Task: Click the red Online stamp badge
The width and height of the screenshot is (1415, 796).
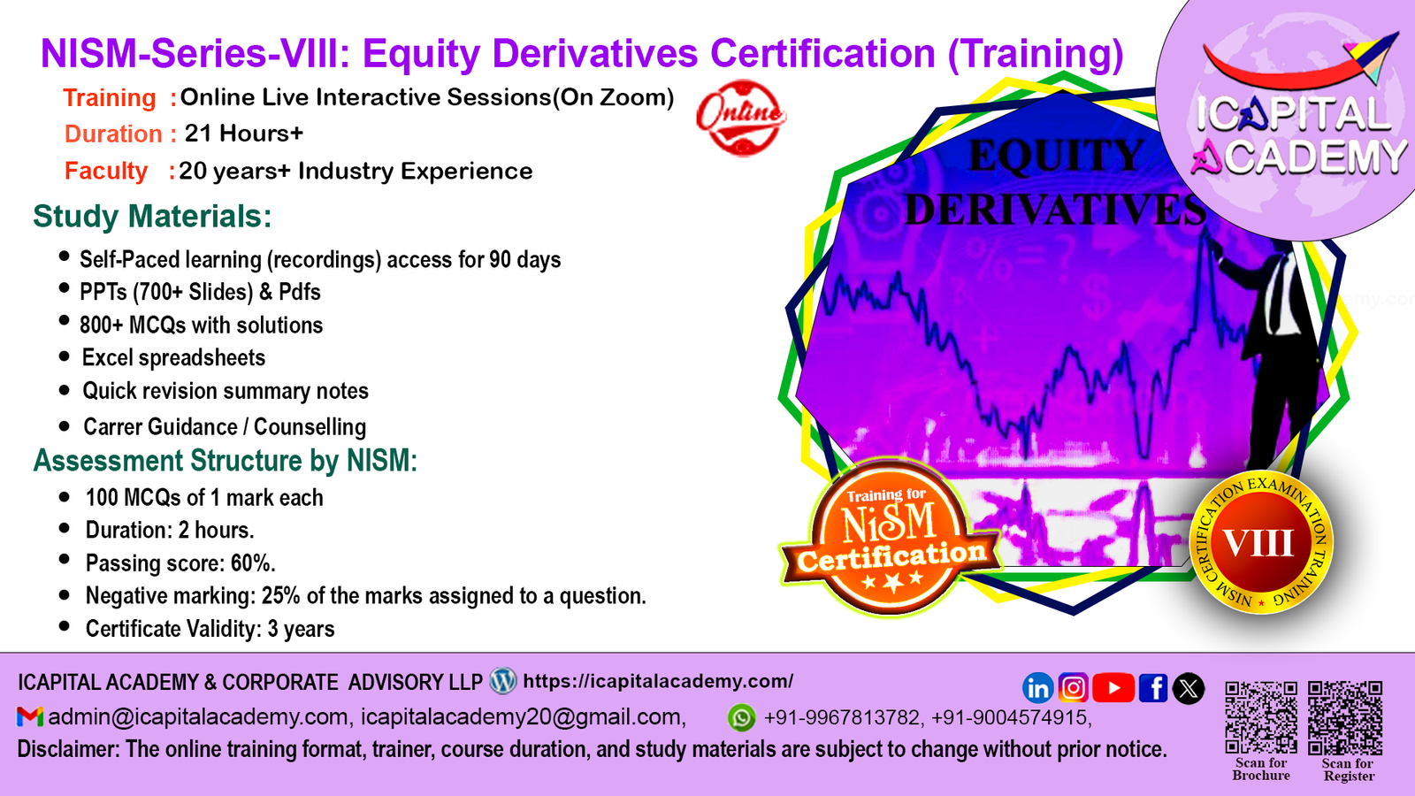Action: [x=741, y=118]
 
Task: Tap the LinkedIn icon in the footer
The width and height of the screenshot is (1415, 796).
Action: [x=1037, y=688]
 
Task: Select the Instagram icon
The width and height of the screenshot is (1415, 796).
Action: [x=1074, y=688]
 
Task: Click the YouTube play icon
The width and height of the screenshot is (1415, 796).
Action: [x=1113, y=688]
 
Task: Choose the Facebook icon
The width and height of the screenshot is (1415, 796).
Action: [x=1153, y=688]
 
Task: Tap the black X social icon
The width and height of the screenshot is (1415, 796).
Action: [x=1189, y=688]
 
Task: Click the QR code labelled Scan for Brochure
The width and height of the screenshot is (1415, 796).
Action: [x=1261, y=717]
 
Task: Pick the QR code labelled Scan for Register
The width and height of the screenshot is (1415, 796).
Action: [x=1345, y=717]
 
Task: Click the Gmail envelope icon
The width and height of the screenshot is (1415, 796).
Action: [x=30, y=717]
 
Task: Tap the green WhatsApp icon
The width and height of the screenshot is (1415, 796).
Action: [x=741, y=717]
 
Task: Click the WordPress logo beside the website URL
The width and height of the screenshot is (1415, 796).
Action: [x=503, y=681]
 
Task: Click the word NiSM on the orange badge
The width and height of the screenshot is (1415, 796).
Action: [x=889, y=523]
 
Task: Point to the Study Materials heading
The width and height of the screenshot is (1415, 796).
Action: [x=152, y=217]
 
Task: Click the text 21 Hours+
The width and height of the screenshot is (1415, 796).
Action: [x=244, y=134]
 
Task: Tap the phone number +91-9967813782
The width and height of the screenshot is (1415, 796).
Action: [x=842, y=717]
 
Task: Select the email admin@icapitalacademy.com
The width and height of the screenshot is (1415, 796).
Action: [x=198, y=717]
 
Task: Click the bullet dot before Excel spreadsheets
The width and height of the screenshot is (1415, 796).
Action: [x=64, y=356]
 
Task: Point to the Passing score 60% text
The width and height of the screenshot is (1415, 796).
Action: [x=180, y=563]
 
